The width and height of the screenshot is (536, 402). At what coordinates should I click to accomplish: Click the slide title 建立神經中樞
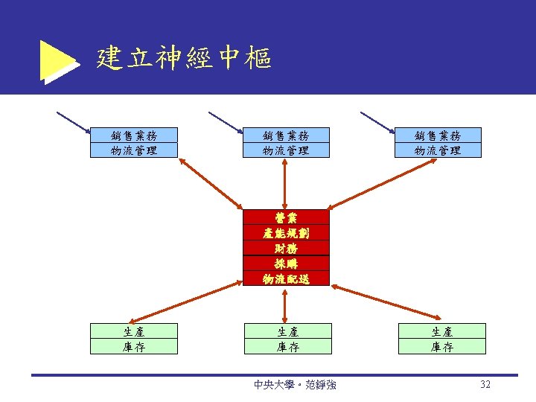coord(184,57)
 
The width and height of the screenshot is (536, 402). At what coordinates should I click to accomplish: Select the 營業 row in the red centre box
coord(286,217)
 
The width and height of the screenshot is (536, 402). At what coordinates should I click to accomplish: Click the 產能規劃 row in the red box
coord(286,233)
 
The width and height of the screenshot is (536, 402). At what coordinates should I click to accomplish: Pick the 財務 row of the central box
coord(286,249)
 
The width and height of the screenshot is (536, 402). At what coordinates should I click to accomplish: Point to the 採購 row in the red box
coord(286,264)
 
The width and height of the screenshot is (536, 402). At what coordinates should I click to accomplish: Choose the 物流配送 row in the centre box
coord(286,279)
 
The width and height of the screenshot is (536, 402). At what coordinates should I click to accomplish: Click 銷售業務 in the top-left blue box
coord(134,135)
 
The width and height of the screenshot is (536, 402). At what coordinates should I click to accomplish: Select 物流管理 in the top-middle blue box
coord(286,150)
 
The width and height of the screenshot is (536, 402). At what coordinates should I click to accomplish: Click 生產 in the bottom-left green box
coord(134,331)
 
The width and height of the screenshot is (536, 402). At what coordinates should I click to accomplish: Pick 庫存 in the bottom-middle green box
coord(286,346)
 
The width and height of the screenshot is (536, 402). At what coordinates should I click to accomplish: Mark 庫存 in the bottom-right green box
coord(442,346)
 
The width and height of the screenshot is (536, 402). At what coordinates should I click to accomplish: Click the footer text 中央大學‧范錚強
coord(295,385)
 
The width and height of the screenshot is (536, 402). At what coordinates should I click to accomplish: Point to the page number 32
coord(485,385)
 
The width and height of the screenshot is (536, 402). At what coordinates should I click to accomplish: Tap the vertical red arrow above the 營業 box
coord(286,183)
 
